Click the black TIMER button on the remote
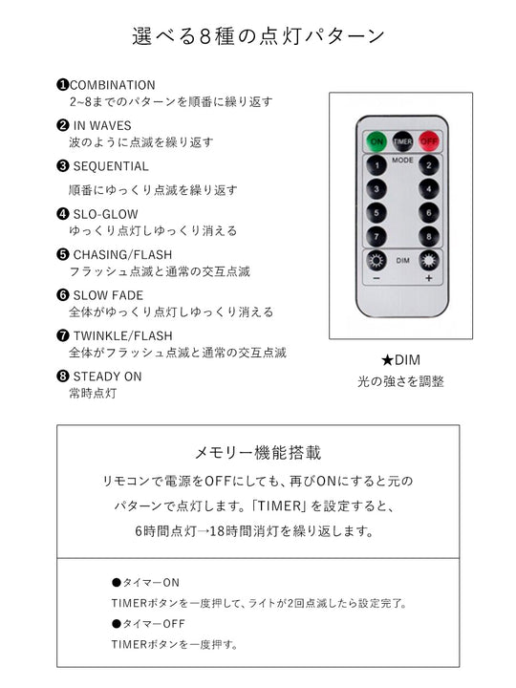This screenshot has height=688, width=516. tap(402, 140)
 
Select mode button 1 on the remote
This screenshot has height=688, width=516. tap(376, 165)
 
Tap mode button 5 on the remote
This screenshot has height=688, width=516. tap(376, 213)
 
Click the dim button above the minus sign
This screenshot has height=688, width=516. tap(376, 261)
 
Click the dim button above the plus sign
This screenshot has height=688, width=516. tap(427, 261)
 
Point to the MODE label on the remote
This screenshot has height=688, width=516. tap(402, 161)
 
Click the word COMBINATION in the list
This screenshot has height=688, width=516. tap(112, 85)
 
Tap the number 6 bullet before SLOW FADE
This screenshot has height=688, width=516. tap(63, 295)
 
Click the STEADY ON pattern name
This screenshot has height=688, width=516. tap(107, 376)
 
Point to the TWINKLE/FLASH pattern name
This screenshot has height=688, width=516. tap(121, 335)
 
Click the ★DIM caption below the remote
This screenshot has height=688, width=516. tap(400, 360)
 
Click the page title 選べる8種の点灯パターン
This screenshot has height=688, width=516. tap(258, 36)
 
